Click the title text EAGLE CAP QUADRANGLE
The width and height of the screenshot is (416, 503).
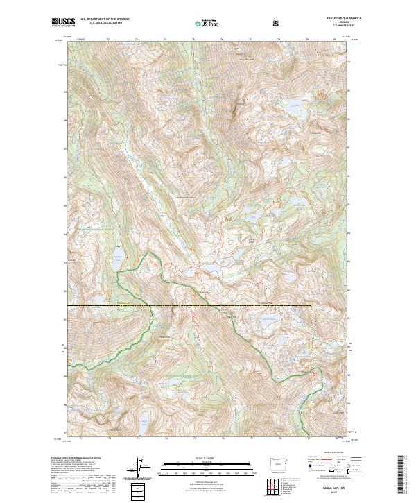[325, 19]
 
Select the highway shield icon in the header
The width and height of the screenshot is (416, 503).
[277, 23]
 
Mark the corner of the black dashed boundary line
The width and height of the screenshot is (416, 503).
[310, 305]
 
